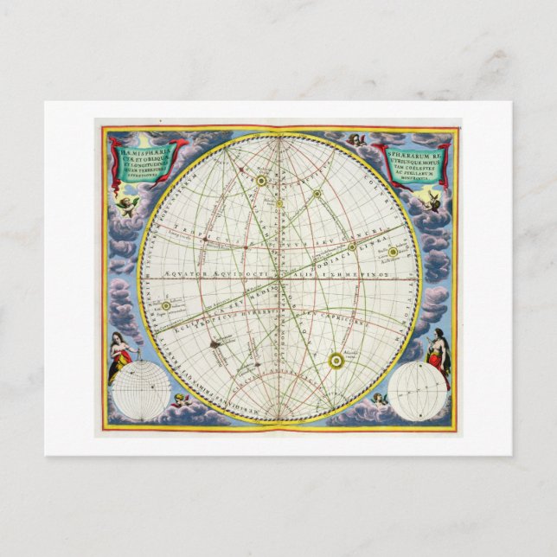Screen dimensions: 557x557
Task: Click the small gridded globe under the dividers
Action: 140,392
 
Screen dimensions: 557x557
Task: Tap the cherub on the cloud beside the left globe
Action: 181,400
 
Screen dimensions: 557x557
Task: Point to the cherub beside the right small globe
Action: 379,400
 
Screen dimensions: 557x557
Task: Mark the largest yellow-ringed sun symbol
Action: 336,358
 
